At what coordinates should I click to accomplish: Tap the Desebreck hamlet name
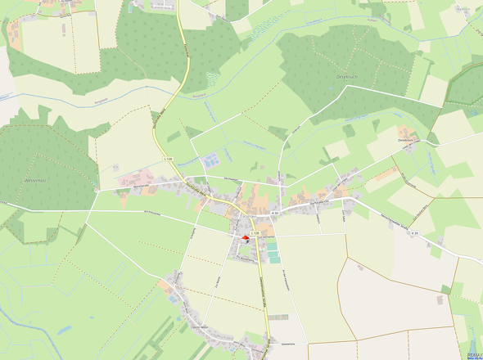click(408, 141)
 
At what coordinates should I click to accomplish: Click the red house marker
click(244, 237)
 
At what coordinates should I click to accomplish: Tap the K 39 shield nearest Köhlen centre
click(275, 214)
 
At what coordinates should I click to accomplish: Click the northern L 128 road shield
click(169, 158)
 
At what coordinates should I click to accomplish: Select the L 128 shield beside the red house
click(255, 233)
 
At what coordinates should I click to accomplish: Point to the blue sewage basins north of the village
click(210, 160)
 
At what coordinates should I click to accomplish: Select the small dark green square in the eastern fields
click(445, 289)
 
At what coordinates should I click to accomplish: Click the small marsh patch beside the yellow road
click(212, 79)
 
